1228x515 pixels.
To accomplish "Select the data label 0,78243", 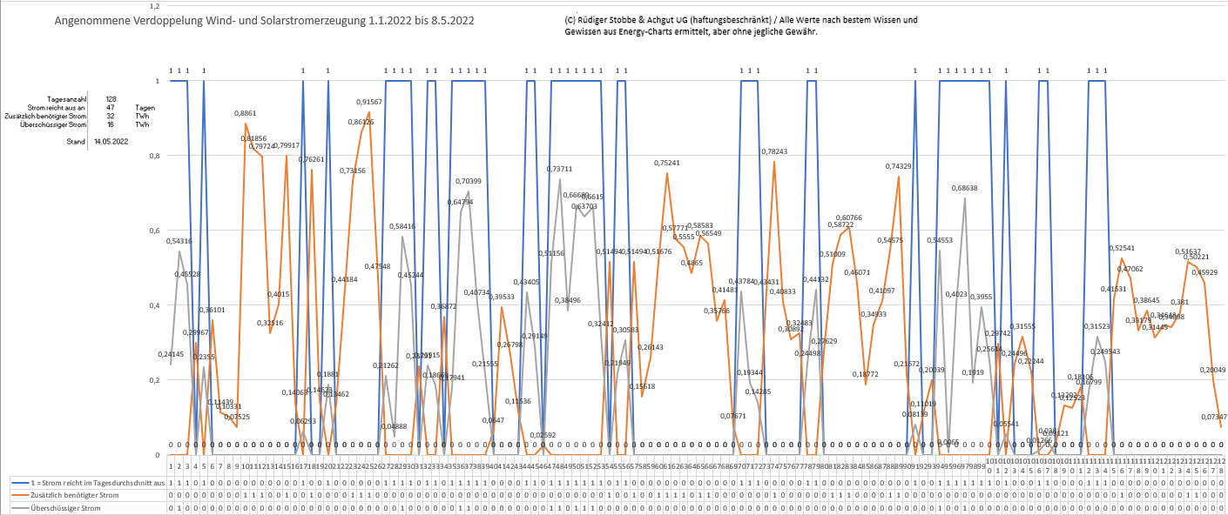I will coord(774,151).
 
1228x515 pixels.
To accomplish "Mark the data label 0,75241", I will coord(667,163).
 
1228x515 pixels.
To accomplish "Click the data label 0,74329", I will coord(899,166).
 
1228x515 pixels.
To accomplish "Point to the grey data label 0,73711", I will coord(559,169).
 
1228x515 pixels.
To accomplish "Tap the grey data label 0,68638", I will coord(964,188).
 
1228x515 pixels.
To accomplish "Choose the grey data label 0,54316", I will coord(179,241).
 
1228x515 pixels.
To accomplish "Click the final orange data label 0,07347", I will coord(1214,418).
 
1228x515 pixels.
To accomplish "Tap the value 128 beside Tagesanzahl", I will coord(111,99).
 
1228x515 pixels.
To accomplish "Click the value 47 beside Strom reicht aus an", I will coord(111,107).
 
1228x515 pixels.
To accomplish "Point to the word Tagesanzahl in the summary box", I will coord(69,99).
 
